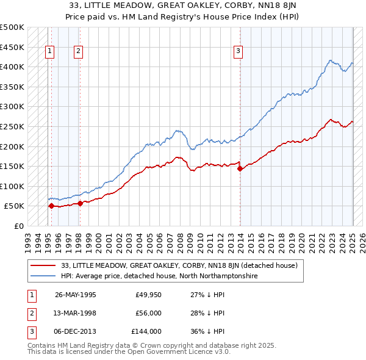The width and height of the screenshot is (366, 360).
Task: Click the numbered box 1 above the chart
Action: (x=49, y=52)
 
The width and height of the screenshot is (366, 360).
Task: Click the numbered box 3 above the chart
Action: (x=238, y=52)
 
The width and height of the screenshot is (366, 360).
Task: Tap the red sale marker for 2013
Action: (x=240, y=169)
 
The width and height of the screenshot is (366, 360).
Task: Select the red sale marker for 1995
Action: (x=51, y=206)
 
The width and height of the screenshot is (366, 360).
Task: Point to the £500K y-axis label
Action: (x=12, y=27)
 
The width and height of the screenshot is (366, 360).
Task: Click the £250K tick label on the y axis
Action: (x=12, y=126)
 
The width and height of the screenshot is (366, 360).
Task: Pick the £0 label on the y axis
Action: (x=18, y=226)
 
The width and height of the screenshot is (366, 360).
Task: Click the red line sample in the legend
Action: (x=43, y=265)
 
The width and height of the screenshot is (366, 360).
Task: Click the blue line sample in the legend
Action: (x=43, y=276)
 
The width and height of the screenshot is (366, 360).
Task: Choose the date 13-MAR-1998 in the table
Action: (x=76, y=313)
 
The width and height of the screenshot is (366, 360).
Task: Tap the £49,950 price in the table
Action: (x=148, y=295)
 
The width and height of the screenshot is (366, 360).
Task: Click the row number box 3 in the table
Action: (x=30, y=331)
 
